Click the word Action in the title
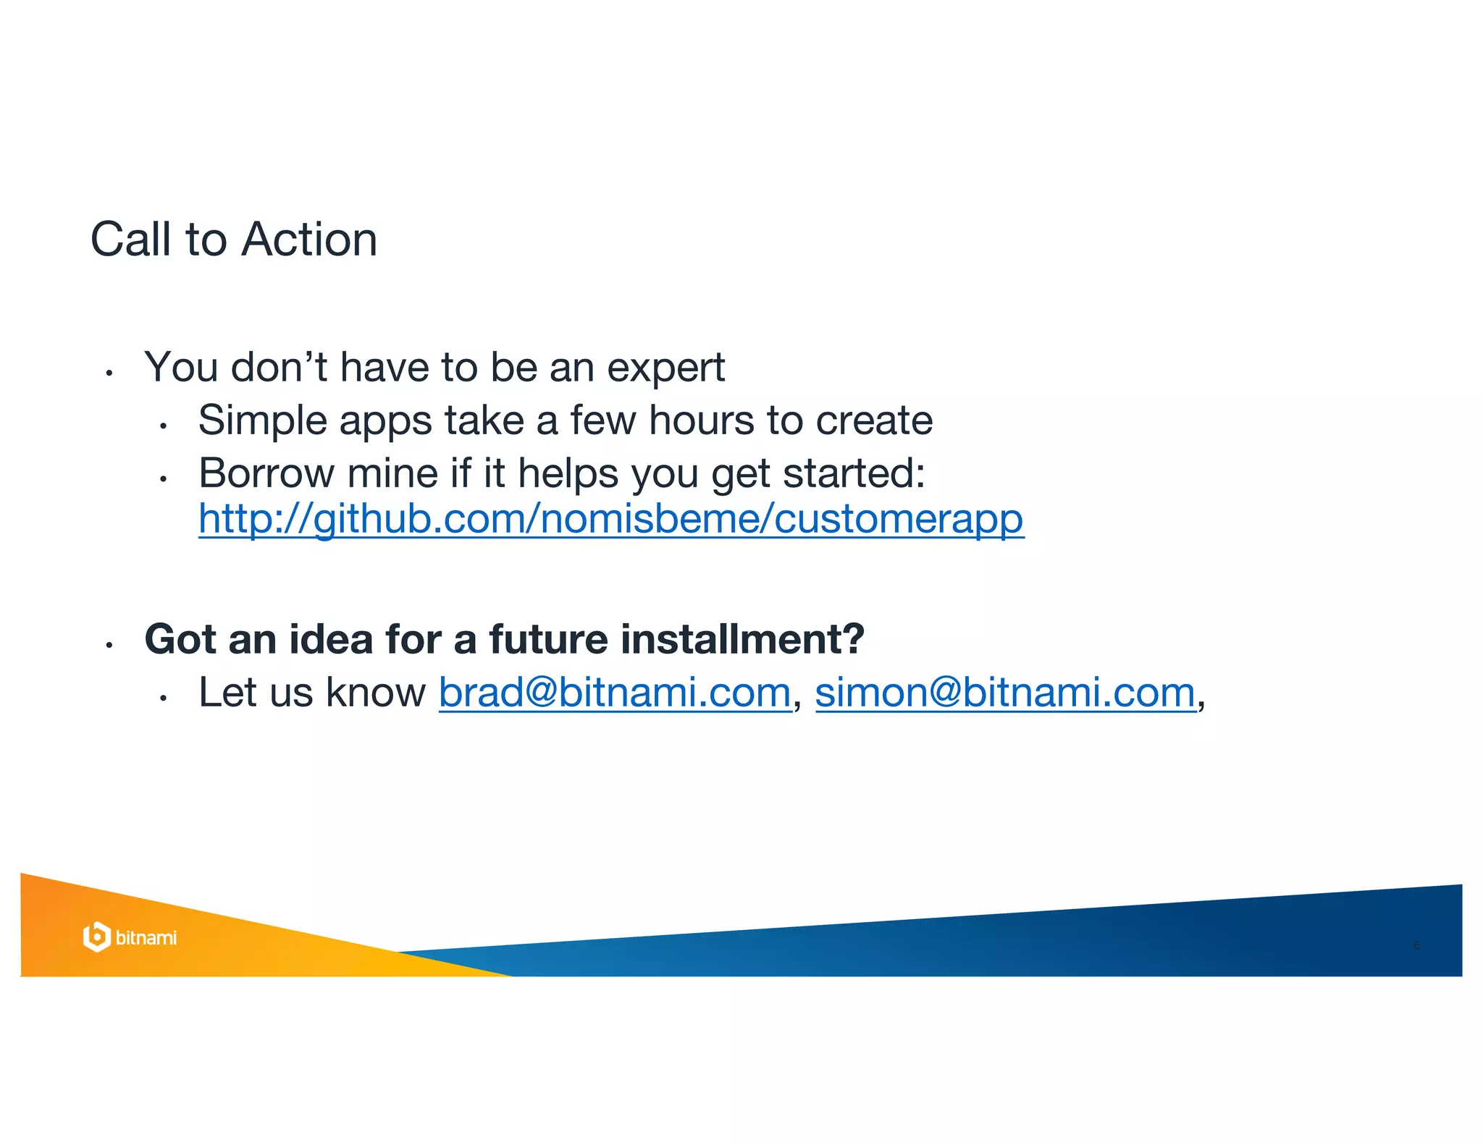[309, 240]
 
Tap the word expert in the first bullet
[665, 368]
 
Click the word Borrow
[266, 473]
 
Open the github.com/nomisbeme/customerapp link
[611, 519]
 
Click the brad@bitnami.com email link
[615, 693]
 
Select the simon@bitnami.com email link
[1005, 693]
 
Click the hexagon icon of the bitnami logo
[96, 937]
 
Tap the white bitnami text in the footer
[146, 938]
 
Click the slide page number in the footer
[1417, 945]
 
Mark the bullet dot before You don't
[109, 373]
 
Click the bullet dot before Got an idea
[109, 644]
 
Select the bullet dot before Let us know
[164, 698]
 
